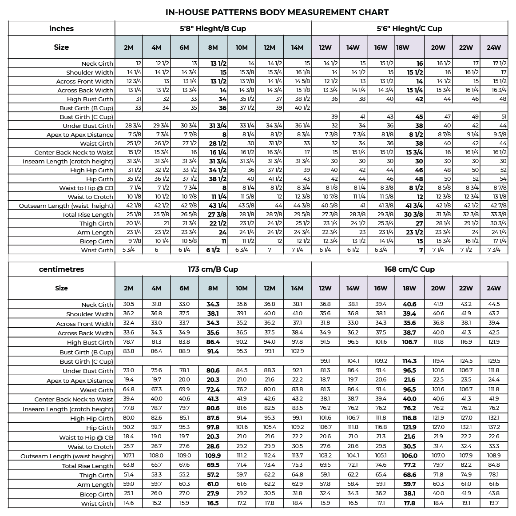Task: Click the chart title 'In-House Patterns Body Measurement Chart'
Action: click(277, 12)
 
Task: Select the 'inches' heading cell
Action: click(61, 28)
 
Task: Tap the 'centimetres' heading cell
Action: click(61, 269)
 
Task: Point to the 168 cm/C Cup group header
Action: click(409, 269)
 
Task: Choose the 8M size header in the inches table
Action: click(213, 48)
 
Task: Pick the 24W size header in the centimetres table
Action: click(494, 288)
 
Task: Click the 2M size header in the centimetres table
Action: click(129, 288)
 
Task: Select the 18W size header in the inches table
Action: click(402, 48)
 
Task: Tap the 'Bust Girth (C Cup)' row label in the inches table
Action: click(86, 117)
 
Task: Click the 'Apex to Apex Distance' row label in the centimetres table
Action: click(80, 381)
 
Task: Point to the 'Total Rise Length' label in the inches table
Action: click(87, 214)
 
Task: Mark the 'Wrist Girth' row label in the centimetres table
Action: click(97, 504)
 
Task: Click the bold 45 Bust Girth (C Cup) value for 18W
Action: click(419, 117)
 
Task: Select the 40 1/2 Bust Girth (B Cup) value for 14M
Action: click(302, 108)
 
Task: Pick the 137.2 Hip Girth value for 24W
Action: click(494, 427)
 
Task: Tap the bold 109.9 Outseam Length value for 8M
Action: click(213, 456)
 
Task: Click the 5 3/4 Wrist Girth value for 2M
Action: click(129, 250)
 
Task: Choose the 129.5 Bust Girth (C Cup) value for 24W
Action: click(494, 361)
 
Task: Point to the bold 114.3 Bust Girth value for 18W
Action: click(409, 361)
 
